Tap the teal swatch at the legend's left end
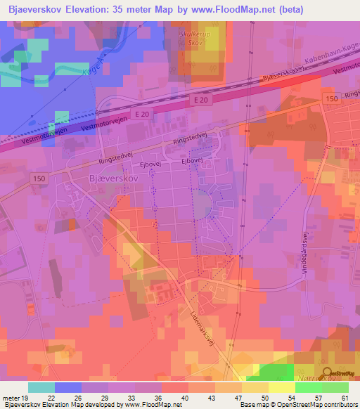click(41, 387)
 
